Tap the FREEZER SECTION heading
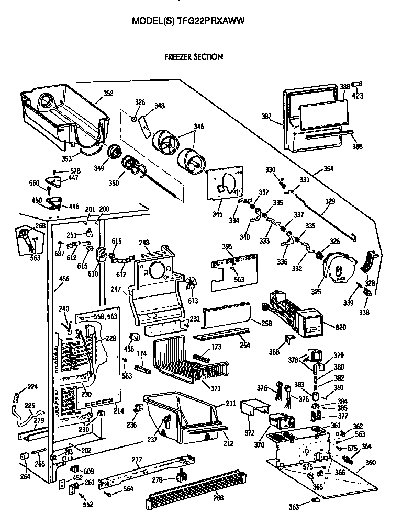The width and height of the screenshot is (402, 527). (x=194, y=56)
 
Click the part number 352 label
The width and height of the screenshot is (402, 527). (x=108, y=94)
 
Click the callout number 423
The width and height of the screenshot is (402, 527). (x=359, y=96)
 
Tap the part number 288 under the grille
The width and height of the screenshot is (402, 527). (x=218, y=498)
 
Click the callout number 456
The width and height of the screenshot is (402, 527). (x=64, y=279)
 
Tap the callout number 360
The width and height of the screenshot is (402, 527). (x=371, y=463)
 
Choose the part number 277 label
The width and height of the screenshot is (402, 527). (x=137, y=460)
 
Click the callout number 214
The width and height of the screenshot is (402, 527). (x=119, y=410)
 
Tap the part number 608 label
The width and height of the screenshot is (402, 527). (x=88, y=471)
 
